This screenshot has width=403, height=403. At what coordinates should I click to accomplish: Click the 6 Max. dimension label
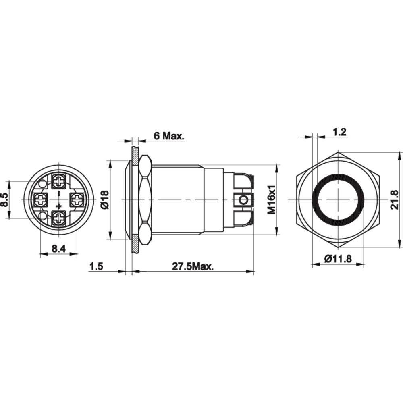point(168,136)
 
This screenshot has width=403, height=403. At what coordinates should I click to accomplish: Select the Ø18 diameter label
point(104,200)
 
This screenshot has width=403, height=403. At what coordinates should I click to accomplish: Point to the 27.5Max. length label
point(193,266)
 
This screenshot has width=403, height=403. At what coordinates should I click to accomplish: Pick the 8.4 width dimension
point(59,249)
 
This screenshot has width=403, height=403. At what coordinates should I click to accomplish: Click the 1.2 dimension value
point(340,131)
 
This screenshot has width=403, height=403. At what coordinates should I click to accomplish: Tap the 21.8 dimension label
point(395,200)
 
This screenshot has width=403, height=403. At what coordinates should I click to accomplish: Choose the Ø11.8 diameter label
point(338,259)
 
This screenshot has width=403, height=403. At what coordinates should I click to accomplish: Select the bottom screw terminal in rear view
point(59,219)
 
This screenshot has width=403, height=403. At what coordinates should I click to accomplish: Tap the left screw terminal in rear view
point(40,199)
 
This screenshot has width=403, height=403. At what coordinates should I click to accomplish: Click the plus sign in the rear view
point(59,207)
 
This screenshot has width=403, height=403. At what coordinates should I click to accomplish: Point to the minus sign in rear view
point(59,192)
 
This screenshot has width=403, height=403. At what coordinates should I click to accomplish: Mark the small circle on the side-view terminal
point(243,200)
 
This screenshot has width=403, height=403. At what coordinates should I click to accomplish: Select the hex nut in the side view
point(145,200)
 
